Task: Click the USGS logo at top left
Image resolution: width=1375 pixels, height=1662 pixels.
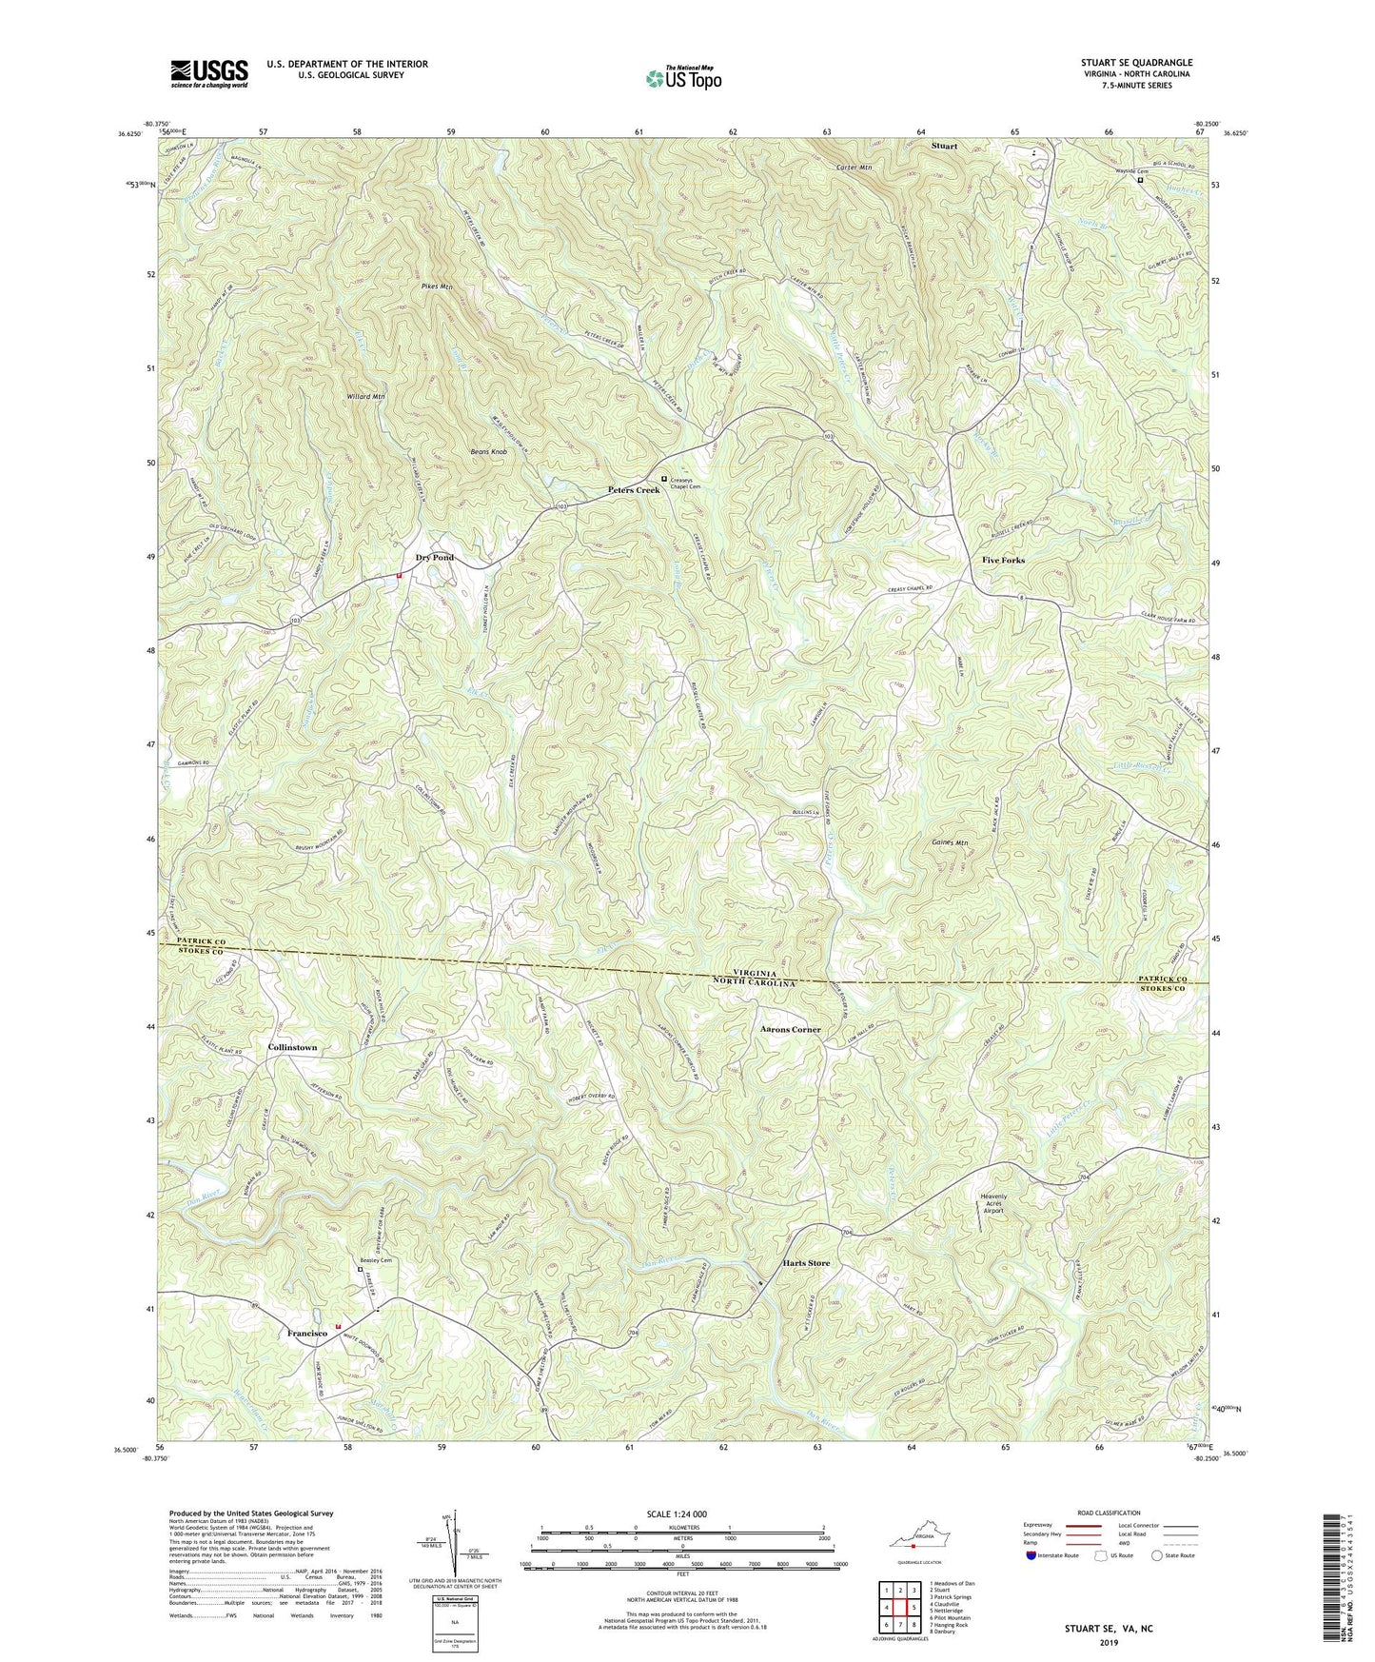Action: click(x=209, y=73)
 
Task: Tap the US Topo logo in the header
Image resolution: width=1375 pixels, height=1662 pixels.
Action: click(x=682, y=78)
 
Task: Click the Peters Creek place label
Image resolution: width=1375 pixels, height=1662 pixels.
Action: click(x=634, y=490)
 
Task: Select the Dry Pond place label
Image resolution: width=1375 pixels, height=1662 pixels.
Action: click(x=433, y=558)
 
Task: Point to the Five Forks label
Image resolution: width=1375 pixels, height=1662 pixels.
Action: click(x=1003, y=561)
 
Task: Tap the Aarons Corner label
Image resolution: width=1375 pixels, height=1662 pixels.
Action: click(x=791, y=1030)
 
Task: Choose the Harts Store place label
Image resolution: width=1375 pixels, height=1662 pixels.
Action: click(x=806, y=1263)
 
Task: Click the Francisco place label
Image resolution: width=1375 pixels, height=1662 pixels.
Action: click(x=307, y=1335)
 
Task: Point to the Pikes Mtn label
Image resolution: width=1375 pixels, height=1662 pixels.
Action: click(x=434, y=286)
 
